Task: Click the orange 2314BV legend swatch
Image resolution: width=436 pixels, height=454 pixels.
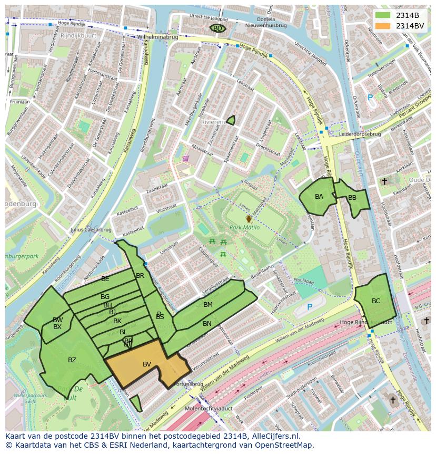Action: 383,26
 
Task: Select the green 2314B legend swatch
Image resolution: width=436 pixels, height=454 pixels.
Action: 383,15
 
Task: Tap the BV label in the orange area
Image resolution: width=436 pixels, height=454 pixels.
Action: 147,364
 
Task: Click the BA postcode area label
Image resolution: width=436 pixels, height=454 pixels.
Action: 319,197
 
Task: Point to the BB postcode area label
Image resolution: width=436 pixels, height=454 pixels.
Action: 352,198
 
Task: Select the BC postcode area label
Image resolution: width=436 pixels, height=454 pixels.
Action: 376,301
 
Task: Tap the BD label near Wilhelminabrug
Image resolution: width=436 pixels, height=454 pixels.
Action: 217,28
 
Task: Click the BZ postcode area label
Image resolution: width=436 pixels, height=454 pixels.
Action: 72,360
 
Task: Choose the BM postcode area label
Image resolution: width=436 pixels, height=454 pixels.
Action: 208,305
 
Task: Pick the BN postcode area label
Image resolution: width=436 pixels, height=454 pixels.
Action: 207,324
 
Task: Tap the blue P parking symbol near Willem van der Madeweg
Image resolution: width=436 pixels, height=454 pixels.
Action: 310,307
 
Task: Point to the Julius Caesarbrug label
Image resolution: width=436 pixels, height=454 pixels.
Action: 91,230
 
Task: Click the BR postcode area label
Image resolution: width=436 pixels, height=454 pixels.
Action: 140,276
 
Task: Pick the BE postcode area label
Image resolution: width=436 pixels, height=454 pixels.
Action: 105,279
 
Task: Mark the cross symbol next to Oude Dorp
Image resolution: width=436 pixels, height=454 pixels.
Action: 384,181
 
